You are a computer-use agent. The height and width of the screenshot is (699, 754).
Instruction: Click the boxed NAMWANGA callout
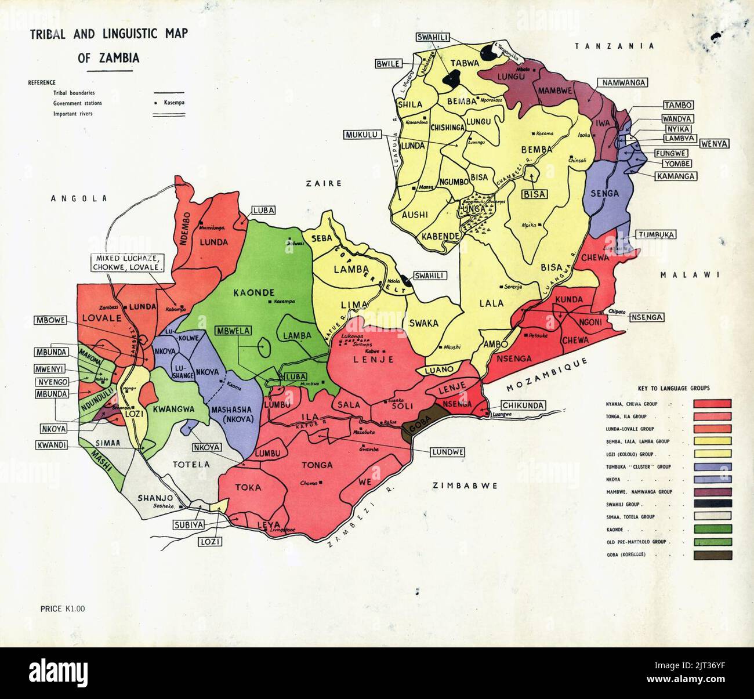(x=623, y=83)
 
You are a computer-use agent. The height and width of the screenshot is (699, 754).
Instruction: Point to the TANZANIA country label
(x=614, y=46)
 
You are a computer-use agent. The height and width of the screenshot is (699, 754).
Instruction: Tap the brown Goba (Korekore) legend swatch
(x=712, y=555)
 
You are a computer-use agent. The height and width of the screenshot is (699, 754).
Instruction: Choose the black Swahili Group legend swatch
(x=712, y=503)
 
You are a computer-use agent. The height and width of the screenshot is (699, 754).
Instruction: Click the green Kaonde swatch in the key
(x=712, y=528)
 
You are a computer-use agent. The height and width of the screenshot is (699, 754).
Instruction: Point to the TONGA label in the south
(x=317, y=465)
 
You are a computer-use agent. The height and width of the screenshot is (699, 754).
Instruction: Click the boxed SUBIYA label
(x=186, y=526)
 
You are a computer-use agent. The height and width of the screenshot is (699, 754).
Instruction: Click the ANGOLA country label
(x=79, y=198)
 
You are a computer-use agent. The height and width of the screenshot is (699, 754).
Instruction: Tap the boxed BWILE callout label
(x=389, y=63)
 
